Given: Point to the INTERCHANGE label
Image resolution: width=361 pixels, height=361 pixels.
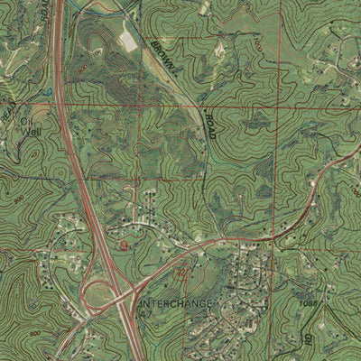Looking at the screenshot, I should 177,303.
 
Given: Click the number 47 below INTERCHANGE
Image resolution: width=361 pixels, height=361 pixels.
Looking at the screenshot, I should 149,316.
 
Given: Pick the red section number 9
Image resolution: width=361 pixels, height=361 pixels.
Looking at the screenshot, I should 124,241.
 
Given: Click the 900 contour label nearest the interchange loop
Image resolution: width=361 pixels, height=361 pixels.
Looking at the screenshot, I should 34,334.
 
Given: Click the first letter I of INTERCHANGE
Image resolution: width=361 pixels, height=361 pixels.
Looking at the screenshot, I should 143,303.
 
